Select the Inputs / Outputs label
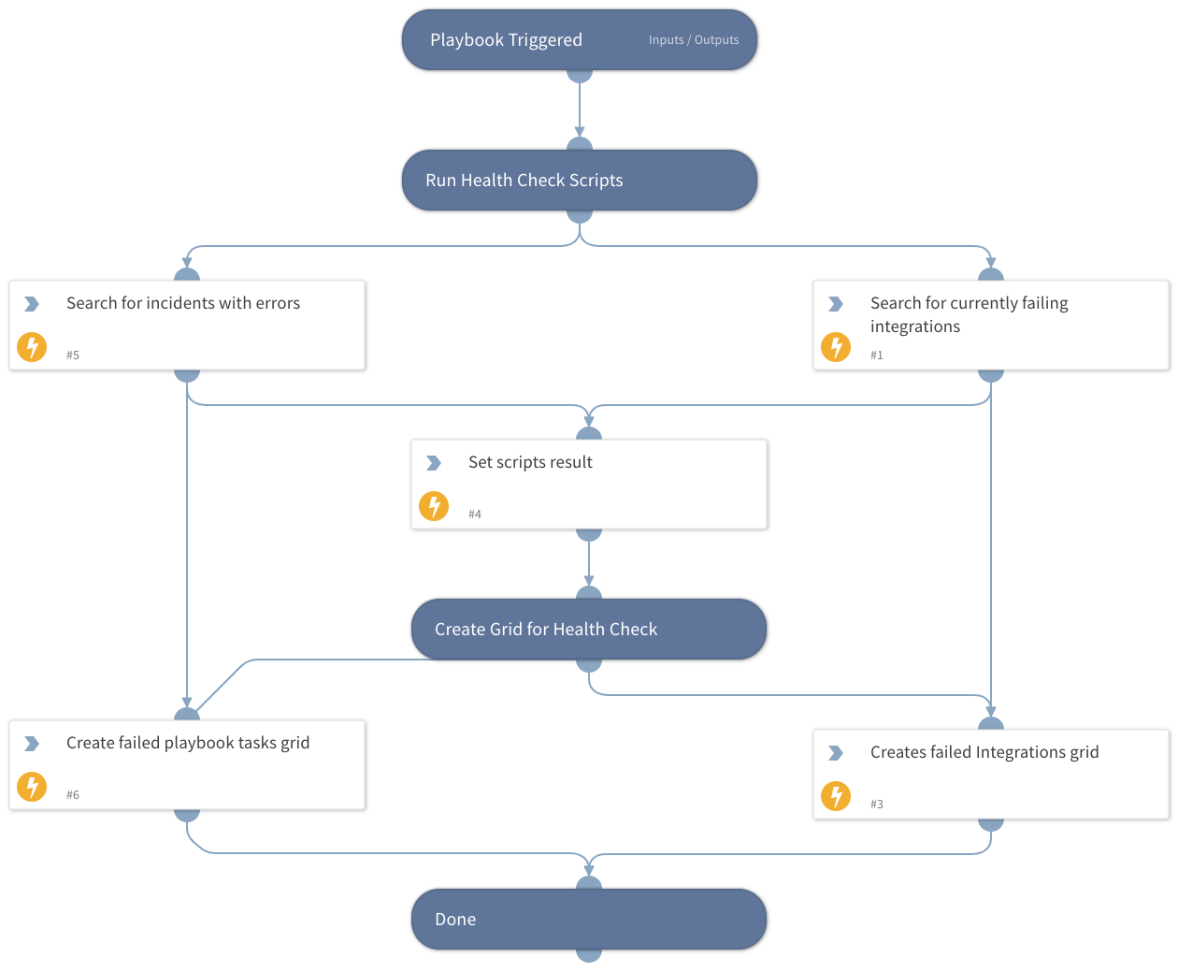(x=693, y=40)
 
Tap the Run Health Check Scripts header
(x=524, y=181)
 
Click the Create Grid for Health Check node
(x=546, y=630)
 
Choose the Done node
(x=455, y=920)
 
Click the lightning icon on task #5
(x=32, y=347)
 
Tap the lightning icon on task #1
(x=836, y=347)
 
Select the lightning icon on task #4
(x=434, y=506)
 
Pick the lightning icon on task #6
(x=32, y=787)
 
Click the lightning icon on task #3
(x=836, y=796)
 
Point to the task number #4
(x=475, y=515)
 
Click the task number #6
(x=73, y=795)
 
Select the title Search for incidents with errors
(x=183, y=303)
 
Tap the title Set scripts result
(x=530, y=462)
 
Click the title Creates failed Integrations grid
(x=984, y=752)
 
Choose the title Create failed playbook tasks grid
(x=188, y=743)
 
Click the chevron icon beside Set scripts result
(x=434, y=463)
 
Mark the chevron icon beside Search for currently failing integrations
(x=836, y=304)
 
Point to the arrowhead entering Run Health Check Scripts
(x=580, y=133)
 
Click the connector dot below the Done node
(x=589, y=955)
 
